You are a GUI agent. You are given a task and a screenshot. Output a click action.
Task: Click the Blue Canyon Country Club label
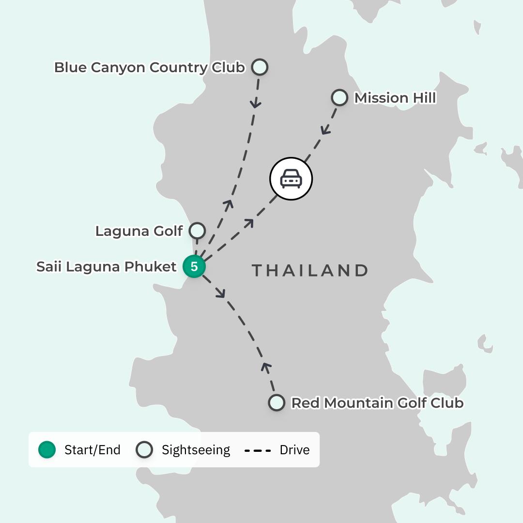149,67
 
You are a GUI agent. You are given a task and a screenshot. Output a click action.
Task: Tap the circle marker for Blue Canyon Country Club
260,67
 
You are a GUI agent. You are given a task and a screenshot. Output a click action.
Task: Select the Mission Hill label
395,98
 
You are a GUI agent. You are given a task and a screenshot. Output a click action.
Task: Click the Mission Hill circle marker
339,98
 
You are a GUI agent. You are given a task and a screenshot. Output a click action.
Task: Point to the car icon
291,179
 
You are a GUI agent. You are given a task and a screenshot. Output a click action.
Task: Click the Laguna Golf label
138,231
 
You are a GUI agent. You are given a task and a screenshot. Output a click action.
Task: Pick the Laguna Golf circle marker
197,231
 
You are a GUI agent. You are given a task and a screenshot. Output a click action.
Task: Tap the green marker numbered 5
194,266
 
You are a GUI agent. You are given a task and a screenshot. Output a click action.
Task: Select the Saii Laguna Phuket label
107,267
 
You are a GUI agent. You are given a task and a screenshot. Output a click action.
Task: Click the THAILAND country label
310,270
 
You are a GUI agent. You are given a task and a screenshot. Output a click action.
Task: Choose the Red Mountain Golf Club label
377,403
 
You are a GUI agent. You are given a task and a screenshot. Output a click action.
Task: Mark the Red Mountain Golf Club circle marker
277,402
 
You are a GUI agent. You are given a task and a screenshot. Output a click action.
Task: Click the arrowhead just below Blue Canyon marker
256,103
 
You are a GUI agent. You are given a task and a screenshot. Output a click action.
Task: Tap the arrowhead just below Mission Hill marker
326,130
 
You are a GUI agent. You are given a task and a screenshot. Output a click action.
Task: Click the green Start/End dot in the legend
47,450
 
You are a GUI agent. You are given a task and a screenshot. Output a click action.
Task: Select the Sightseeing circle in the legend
144,450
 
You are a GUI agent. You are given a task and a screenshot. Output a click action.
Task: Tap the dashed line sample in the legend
257,450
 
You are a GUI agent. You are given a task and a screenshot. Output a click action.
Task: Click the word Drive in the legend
294,450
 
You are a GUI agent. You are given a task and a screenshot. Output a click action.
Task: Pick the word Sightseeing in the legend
196,450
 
